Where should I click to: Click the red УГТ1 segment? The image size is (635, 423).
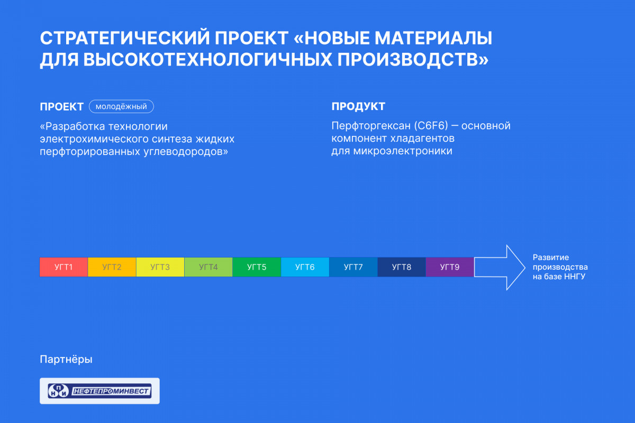tap(64, 267)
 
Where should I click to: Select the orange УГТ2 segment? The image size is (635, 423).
tap(112, 267)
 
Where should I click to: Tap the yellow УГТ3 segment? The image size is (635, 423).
tap(160, 267)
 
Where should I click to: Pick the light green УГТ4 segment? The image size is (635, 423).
tap(208, 267)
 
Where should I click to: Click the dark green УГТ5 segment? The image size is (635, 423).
tap(257, 267)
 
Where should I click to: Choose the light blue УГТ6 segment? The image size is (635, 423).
tap(305, 267)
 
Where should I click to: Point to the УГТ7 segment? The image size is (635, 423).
tap(353, 267)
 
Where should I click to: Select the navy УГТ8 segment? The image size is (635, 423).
tap(402, 267)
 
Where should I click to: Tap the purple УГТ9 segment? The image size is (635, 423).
tap(450, 267)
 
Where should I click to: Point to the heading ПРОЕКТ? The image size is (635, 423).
tap(61, 107)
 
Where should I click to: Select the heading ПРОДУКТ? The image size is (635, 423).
tap(358, 106)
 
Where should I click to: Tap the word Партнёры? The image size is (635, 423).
tap(66, 359)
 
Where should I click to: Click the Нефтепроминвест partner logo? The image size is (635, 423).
tap(99, 391)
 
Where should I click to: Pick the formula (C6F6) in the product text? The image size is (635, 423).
tap(431, 125)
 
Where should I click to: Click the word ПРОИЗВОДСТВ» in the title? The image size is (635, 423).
tap(413, 60)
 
